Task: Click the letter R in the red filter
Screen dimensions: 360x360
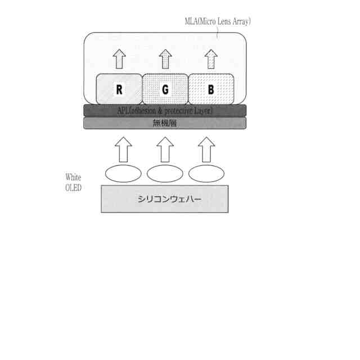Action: pos(119,89)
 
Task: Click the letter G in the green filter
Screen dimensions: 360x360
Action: pos(165,89)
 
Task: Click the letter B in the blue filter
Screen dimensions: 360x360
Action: pos(210,89)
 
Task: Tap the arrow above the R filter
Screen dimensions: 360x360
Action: pos(119,58)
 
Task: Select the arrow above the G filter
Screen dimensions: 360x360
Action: pos(165,58)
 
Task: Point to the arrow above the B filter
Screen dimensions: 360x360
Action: pos(210,58)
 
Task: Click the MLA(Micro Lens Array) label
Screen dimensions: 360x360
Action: pos(218,21)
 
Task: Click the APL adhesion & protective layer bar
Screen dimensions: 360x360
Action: pos(165,110)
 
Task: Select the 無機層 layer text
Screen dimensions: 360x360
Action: pos(165,123)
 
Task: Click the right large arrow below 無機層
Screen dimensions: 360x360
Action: pos(206,149)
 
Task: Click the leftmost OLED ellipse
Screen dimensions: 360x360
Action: pos(123,174)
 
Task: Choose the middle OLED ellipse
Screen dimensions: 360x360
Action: pos(165,174)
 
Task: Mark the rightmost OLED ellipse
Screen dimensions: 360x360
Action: pos(206,174)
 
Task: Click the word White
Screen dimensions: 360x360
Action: pos(73,178)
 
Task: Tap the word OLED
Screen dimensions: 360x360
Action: pos(73,188)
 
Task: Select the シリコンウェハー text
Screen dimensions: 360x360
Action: pos(165,199)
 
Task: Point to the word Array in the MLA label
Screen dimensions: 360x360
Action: pos(241,21)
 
